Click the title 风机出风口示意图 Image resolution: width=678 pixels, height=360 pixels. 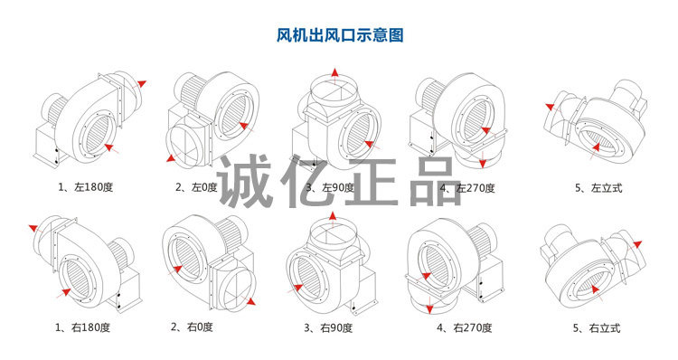pyautogui.click(x=340, y=35)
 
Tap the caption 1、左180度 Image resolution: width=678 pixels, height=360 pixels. pyautogui.click(x=85, y=187)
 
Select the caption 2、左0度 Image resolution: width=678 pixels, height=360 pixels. pyautogui.click(x=196, y=187)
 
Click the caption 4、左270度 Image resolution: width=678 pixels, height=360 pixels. pyautogui.click(x=467, y=188)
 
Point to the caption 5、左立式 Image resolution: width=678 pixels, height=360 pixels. pyautogui.click(x=598, y=188)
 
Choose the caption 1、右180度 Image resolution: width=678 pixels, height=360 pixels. pyautogui.click(x=82, y=327)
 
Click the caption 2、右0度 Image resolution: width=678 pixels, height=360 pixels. pyautogui.click(x=192, y=327)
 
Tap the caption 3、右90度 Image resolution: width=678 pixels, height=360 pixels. pyautogui.click(x=328, y=328)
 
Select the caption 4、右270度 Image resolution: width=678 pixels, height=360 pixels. pyautogui.click(x=465, y=328)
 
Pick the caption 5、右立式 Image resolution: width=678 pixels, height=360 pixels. pyautogui.click(x=597, y=328)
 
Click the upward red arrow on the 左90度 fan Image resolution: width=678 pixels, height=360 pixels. pyautogui.click(x=334, y=77)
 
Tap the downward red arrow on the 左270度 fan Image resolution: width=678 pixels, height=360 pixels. pyautogui.click(x=483, y=159)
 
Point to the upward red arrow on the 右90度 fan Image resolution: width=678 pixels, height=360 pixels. pyautogui.click(x=333, y=220)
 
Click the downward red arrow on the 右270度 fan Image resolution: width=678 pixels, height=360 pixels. pyautogui.click(x=429, y=305)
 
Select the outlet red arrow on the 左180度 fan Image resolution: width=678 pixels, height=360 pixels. pyautogui.click(x=138, y=85)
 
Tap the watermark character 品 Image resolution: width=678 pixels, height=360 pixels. pyautogui.click(x=436, y=181)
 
